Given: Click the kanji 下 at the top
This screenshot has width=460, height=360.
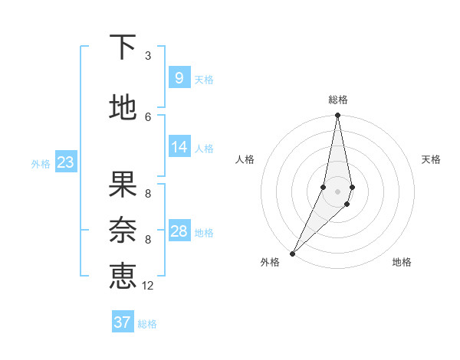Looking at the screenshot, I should coord(123,48).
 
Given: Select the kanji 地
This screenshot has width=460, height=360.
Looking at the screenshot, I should coord(123,108).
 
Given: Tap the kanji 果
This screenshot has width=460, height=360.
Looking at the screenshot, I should coord(123,184).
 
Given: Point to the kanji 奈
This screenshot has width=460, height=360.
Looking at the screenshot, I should coord(123,229).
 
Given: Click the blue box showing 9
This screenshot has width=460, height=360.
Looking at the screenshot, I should coord(179,78).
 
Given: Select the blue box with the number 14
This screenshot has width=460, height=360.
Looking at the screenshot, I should coord(179,147).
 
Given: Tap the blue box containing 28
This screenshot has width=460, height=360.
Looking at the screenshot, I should coord(179,231).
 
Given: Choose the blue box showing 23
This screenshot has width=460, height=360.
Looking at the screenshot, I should coord(65,162).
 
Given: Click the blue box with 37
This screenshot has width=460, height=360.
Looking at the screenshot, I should coord(123,322).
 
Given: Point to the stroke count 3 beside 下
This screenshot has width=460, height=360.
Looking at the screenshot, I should coord(148,56).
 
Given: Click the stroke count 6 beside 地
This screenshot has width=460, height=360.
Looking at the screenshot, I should coord(148,116).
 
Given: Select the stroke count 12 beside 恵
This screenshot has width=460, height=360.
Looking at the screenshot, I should coord(148,285).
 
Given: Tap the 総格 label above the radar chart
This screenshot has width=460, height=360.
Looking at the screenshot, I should coord(337,100).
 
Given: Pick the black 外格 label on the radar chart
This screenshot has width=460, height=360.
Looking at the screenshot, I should coord(270,262).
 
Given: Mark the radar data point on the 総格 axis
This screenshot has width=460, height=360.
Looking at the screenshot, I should coord(337,116).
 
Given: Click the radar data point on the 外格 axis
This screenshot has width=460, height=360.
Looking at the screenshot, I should coord(292,253).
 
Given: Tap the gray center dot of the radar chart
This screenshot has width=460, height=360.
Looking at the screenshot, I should coord(337,191).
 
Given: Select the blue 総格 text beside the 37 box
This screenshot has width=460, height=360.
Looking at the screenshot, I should coord(147,324).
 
